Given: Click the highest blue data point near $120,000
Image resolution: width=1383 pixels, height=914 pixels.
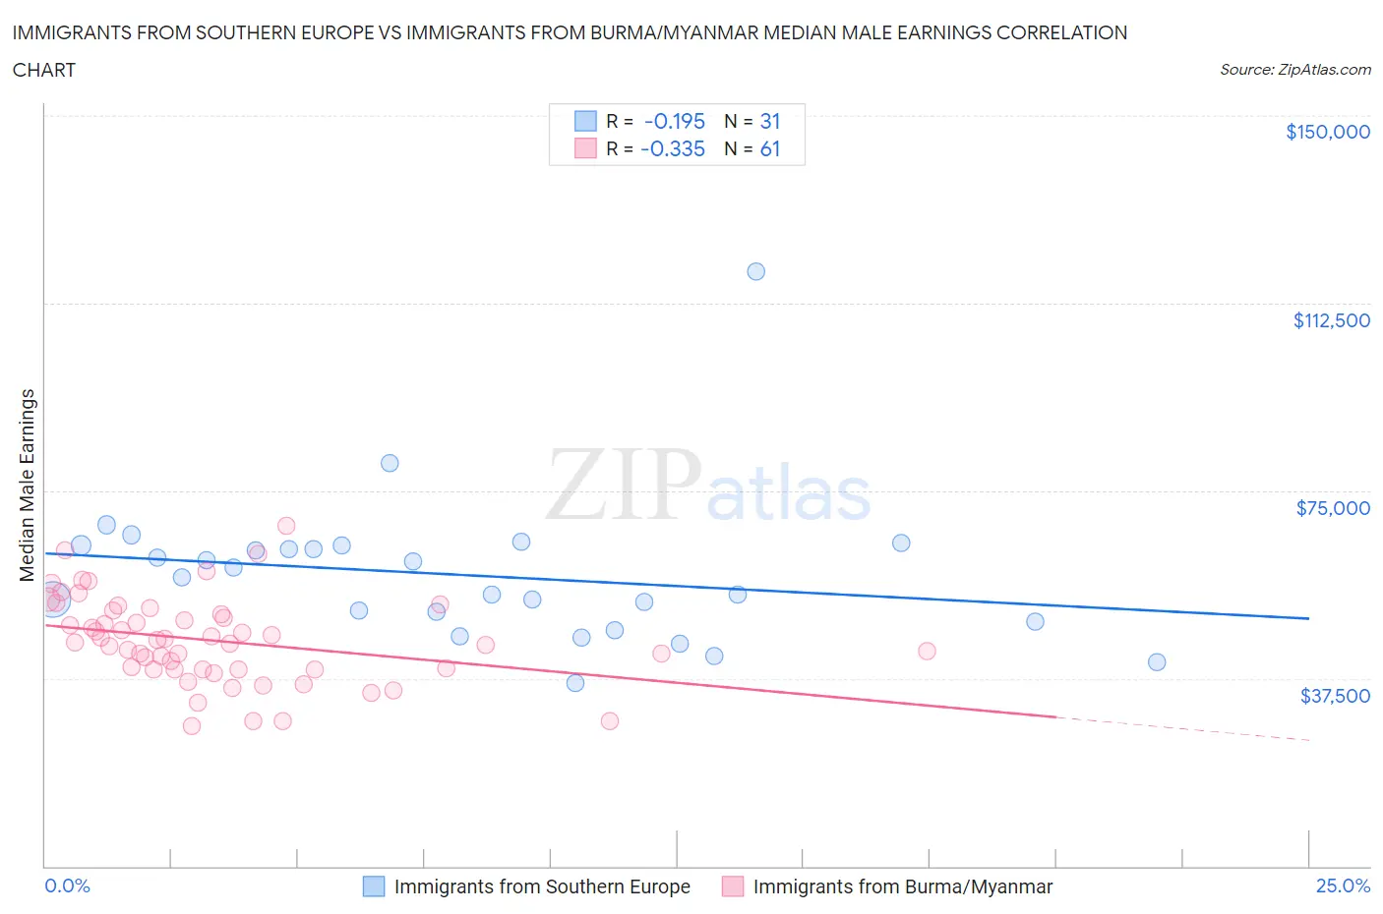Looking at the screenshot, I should point(755,271).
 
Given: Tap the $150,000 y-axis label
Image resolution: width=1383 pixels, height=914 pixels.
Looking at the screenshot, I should point(1327,132).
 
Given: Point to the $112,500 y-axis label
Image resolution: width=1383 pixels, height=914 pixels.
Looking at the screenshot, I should point(1331,320).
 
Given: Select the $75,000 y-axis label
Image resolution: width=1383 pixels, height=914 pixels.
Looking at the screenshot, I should point(1333,508).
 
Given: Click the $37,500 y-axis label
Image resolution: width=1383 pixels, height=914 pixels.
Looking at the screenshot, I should point(1334,696).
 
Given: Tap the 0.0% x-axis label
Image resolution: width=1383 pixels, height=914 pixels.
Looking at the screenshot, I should point(67,885).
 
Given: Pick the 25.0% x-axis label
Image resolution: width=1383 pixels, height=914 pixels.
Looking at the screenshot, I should point(1343,885).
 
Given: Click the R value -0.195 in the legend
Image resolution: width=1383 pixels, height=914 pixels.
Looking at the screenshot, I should point(674,121).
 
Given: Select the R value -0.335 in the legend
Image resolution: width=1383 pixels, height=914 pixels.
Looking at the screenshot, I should point(672,148).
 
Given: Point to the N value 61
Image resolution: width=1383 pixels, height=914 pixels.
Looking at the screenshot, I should point(769,148).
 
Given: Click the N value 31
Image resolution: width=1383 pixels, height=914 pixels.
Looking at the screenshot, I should point(769,121).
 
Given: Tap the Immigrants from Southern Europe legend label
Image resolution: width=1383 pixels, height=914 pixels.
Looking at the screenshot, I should point(542,886).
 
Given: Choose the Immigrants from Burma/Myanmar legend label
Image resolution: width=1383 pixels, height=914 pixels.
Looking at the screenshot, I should point(902,886).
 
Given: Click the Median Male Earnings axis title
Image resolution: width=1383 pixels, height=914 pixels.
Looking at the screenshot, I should point(28,486).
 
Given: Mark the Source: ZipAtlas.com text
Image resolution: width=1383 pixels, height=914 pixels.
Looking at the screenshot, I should point(1294,70).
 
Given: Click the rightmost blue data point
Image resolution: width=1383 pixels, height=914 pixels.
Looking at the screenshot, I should point(1157,662).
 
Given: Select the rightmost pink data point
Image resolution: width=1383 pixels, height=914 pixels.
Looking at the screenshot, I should point(927,651).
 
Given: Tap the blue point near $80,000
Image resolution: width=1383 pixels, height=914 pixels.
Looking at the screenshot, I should point(390,463).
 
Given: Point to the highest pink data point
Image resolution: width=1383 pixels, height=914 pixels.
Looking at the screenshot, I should point(286,526).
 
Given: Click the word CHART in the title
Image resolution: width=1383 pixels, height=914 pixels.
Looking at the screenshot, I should point(44,70).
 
